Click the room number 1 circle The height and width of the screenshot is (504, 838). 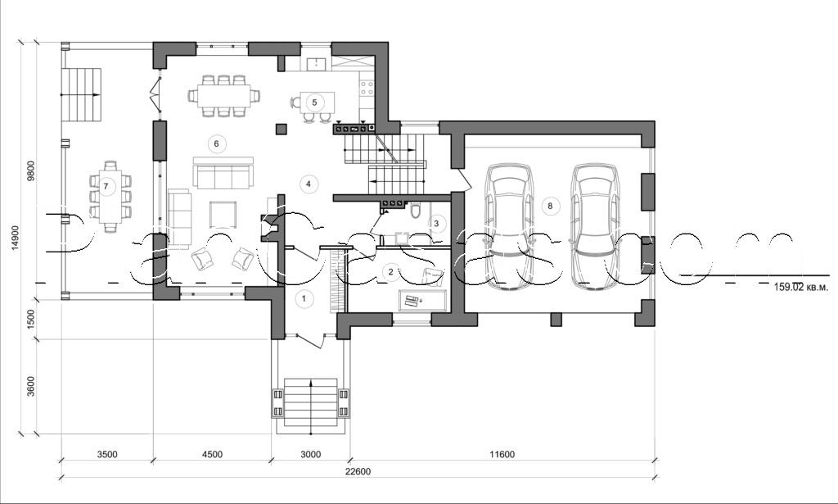click(304, 298)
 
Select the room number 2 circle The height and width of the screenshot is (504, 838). click(391, 271)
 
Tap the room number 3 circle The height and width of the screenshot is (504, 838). click(436, 222)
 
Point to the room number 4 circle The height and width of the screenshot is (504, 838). click(308, 184)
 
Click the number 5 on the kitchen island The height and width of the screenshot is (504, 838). click(313, 102)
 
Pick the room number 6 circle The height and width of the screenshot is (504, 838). click(216, 144)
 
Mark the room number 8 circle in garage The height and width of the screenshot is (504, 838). click(550, 206)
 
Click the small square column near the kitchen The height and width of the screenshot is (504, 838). click(282, 129)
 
